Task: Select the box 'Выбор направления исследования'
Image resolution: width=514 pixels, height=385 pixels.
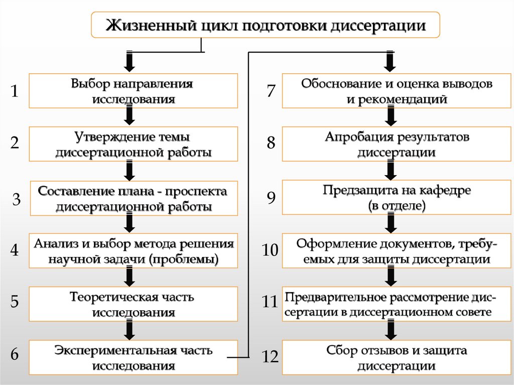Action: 133,91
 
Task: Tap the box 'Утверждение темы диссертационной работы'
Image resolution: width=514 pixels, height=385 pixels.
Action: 133,144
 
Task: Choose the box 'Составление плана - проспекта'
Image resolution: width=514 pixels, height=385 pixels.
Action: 133,198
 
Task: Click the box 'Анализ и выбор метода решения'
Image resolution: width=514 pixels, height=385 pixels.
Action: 133,251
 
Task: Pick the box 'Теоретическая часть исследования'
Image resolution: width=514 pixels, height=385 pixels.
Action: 133,304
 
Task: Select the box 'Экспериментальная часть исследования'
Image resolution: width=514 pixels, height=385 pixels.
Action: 133,357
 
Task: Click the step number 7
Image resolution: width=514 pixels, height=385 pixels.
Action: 271,91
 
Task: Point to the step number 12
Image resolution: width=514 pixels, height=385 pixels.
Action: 270,357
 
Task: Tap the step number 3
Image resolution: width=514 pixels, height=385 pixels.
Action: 17,200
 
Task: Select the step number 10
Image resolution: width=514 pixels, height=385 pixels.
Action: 270,250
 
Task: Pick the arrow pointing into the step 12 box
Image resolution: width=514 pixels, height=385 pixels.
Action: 391,329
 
